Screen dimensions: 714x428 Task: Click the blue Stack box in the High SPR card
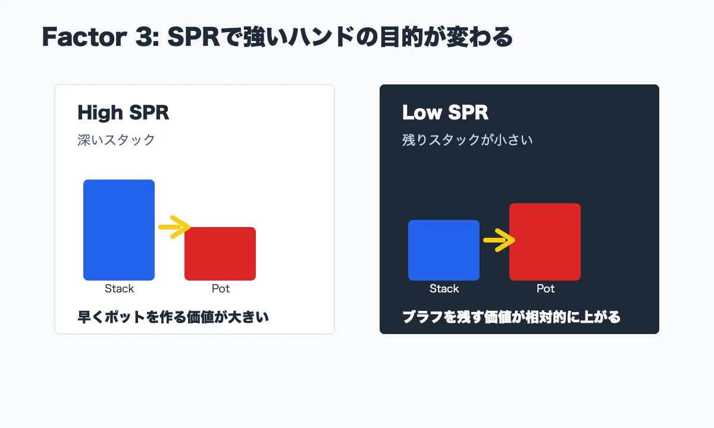click(119, 230)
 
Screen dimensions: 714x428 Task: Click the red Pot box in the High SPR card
click(220, 254)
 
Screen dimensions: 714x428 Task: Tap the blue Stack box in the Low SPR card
click(444, 250)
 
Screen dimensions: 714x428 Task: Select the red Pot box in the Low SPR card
click(545, 242)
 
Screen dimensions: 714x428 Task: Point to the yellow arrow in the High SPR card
click(174, 227)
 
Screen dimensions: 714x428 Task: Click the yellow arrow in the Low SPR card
click(499, 240)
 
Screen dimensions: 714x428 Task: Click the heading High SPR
click(123, 113)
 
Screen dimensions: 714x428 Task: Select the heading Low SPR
click(445, 112)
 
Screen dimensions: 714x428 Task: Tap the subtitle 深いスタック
click(116, 140)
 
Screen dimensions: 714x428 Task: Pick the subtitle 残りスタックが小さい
click(467, 140)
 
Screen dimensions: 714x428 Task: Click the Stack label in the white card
click(119, 288)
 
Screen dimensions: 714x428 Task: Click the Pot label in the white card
click(221, 288)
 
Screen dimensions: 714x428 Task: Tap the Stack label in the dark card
click(444, 288)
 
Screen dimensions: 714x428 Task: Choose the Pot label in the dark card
click(546, 288)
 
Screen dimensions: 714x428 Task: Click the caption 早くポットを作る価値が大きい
click(173, 317)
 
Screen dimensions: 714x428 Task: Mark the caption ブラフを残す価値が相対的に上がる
click(511, 317)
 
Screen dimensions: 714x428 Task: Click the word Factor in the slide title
click(84, 37)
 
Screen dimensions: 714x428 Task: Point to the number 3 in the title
click(143, 37)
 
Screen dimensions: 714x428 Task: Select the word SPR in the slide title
click(193, 37)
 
